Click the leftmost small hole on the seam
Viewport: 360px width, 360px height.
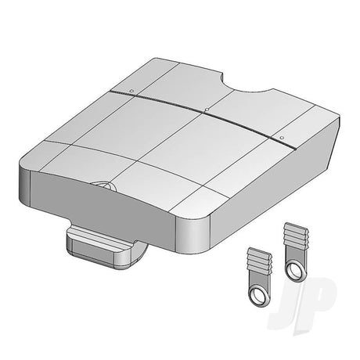pos(131,91)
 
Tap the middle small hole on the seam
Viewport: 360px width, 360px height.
pos(207,110)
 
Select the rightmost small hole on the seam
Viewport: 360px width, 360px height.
pos(281,137)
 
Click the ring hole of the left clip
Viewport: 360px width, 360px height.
pos(257,295)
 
